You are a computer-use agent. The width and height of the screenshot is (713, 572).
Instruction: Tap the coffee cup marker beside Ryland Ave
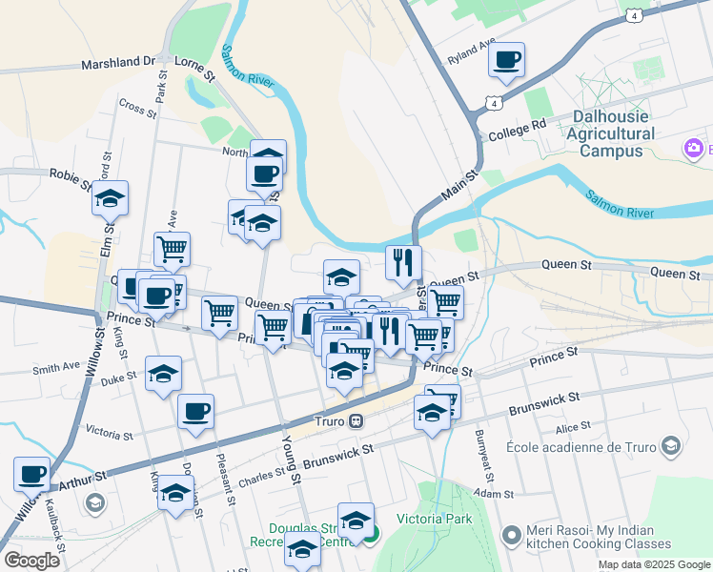(x=506, y=60)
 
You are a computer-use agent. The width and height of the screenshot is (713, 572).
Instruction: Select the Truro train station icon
(x=355, y=420)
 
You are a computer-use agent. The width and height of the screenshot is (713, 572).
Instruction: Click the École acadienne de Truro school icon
(x=671, y=446)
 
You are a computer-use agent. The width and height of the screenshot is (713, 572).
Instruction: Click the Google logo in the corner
(x=31, y=560)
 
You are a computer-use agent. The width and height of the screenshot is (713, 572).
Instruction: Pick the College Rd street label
(x=517, y=124)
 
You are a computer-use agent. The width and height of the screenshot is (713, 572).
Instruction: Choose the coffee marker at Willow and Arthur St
(x=31, y=473)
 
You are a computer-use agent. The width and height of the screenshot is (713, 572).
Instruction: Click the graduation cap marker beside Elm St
(x=111, y=198)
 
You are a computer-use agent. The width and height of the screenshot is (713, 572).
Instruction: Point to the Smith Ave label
(x=56, y=367)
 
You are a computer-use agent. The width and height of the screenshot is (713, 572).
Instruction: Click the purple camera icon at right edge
(x=693, y=148)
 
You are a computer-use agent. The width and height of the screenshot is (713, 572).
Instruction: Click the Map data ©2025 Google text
(x=653, y=564)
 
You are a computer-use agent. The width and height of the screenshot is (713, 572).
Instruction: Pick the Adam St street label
(x=495, y=494)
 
